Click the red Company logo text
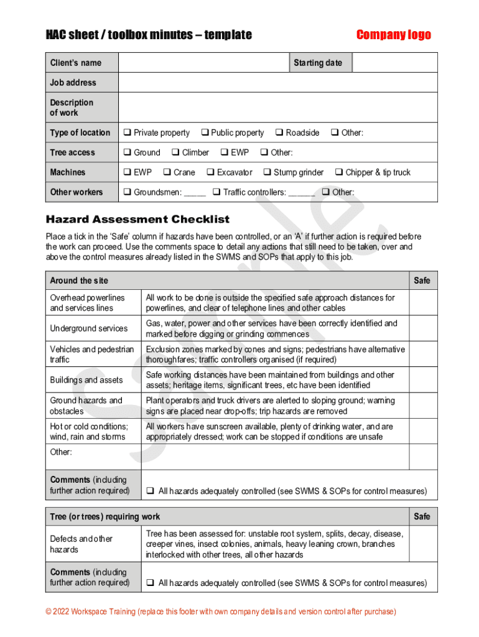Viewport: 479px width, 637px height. (393, 35)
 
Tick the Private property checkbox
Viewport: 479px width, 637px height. (126, 133)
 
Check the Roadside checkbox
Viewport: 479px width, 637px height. (279, 133)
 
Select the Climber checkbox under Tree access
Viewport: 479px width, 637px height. (175, 152)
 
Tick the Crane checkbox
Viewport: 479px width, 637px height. (167, 172)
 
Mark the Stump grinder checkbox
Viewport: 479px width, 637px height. (267, 172)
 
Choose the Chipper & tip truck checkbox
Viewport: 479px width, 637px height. (339, 172)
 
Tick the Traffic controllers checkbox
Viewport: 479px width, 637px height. (216, 192)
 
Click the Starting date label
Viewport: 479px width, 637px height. (318, 63)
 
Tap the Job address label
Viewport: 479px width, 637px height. (73, 82)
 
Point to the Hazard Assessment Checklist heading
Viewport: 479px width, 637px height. (137, 219)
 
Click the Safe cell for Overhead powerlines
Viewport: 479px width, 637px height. (423, 303)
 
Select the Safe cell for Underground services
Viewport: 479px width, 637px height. (423, 328)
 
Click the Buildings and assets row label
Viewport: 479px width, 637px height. (86, 380)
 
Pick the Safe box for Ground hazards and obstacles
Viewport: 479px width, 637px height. (423, 406)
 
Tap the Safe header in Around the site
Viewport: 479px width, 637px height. (422, 281)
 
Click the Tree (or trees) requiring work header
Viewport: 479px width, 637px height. (105, 516)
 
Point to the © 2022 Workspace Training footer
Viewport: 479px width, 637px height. (221, 611)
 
